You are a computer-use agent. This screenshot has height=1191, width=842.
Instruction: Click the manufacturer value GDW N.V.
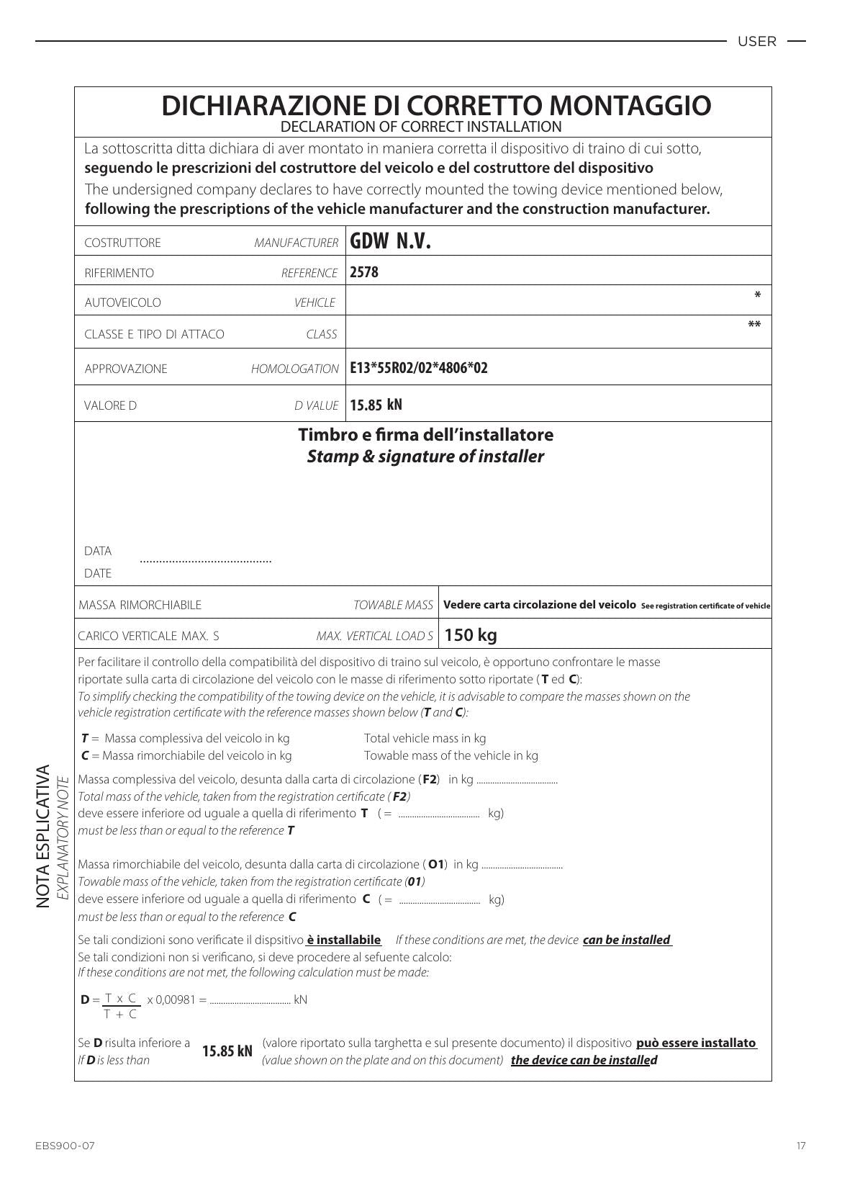click(x=390, y=241)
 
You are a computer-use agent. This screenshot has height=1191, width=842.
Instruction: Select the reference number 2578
click(x=364, y=272)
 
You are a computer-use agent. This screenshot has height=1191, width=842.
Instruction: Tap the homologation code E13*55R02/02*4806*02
click(x=418, y=368)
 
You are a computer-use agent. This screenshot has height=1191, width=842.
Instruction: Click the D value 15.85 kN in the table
click(x=376, y=405)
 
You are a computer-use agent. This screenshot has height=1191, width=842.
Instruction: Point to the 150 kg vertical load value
click(x=471, y=635)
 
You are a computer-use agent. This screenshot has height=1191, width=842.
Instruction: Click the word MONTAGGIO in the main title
click(x=630, y=105)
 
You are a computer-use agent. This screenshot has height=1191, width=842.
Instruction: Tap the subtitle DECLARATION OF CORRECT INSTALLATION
click(x=421, y=127)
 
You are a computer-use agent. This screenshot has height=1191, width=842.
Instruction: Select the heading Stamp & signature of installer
click(x=425, y=457)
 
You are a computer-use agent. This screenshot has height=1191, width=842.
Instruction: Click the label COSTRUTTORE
click(x=122, y=243)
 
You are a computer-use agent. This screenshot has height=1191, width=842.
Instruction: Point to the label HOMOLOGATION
click(x=294, y=369)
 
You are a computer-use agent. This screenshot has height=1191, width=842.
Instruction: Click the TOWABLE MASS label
click(x=393, y=605)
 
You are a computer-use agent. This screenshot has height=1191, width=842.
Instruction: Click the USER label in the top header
click(x=756, y=42)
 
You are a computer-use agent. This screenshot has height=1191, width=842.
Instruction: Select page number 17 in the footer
click(x=801, y=1146)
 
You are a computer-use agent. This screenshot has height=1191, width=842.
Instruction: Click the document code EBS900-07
click(x=65, y=1146)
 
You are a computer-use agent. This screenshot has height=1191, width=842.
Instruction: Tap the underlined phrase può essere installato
click(x=696, y=1043)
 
